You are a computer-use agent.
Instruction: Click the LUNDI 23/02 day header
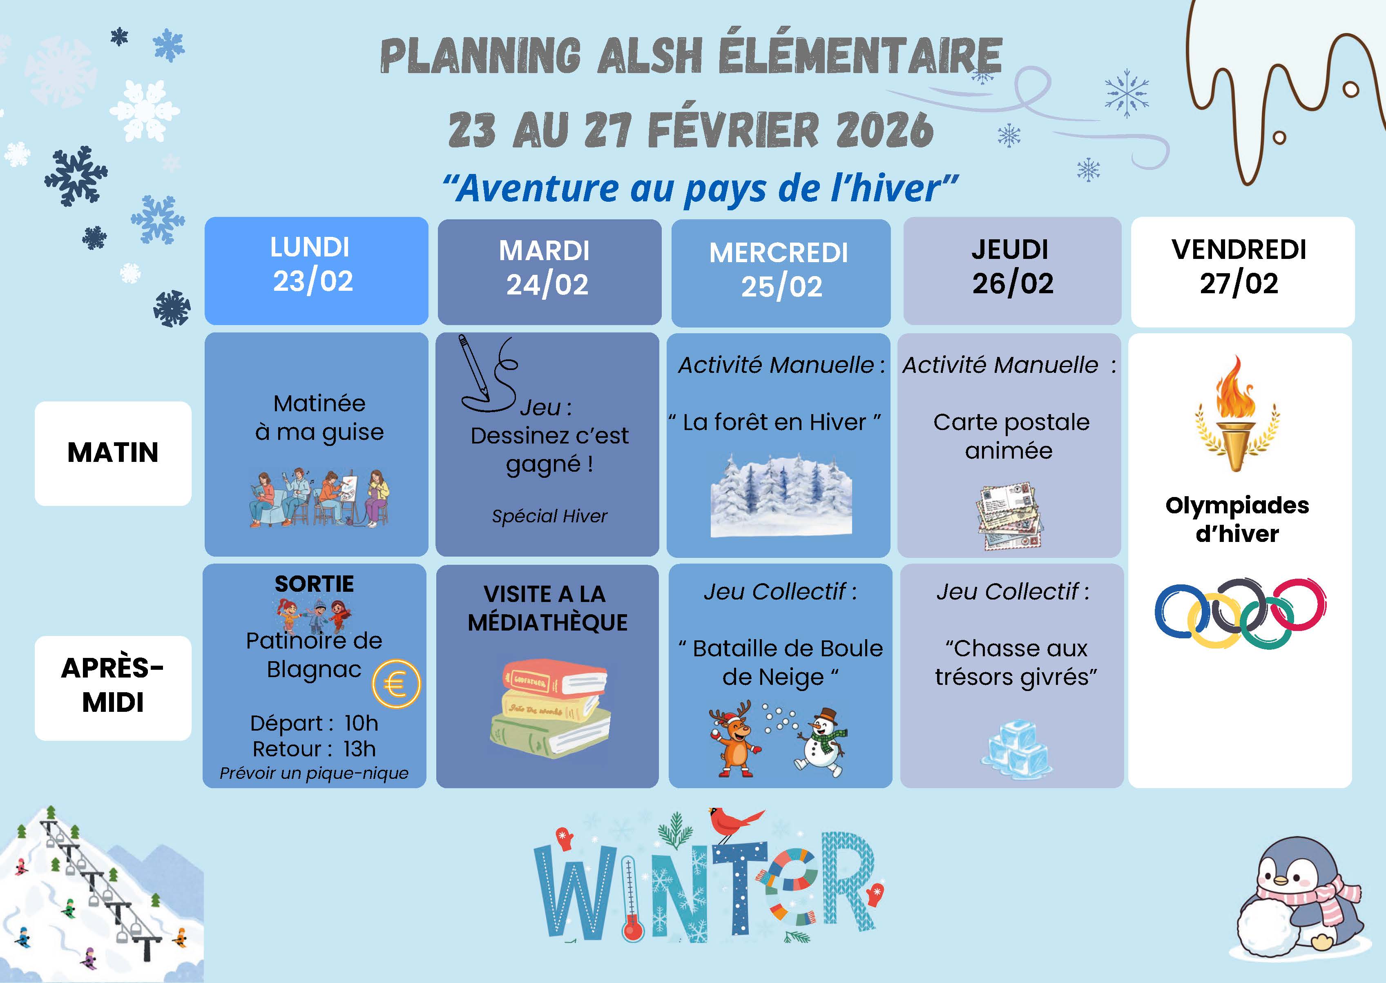[316, 271]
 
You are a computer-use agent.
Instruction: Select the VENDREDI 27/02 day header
[1243, 272]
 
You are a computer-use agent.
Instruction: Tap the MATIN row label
[113, 453]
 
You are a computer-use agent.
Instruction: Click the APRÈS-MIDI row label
[113, 688]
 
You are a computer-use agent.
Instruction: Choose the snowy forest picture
[781, 495]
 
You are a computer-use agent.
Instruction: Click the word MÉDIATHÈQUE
[547, 623]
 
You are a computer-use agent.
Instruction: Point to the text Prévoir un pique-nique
[314, 773]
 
